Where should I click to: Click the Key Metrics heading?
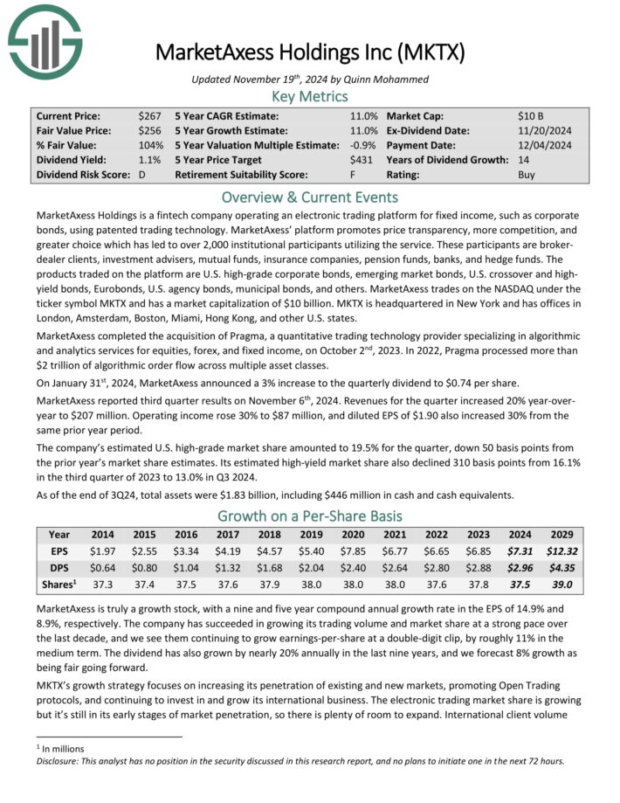coord(310,97)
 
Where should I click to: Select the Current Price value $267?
coord(149,114)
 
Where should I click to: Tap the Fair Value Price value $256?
coord(149,130)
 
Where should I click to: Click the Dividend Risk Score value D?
coord(141,175)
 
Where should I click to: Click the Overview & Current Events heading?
coord(310,197)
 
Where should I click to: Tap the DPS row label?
coord(60,568)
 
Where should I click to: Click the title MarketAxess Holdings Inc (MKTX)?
coord(310,52)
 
